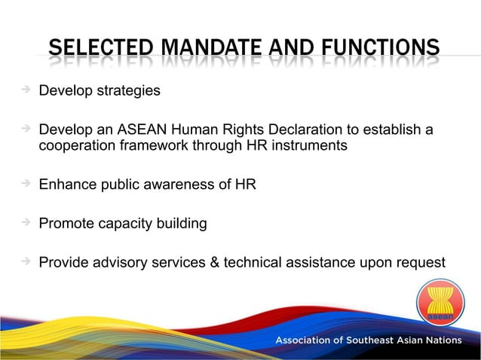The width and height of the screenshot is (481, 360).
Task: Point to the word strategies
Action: pyautogui.click(x=127, y=91)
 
